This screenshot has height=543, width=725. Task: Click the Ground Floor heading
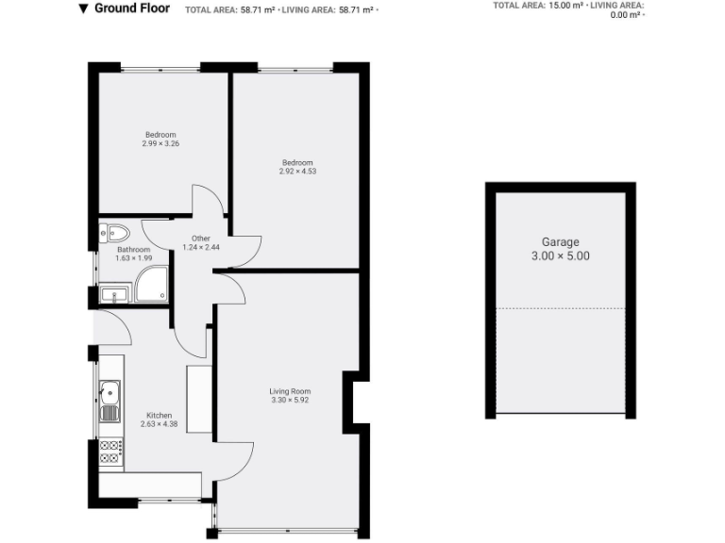click(132, 8)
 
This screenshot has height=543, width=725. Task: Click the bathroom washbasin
click(113, 295)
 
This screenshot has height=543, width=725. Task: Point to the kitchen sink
click(110, 389)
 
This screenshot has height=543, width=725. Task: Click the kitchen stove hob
click(110, 452)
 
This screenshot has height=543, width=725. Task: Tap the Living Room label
click(290, 391)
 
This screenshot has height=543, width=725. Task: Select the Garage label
click(561, 242)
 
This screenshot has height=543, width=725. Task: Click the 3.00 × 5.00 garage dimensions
click(561, 255)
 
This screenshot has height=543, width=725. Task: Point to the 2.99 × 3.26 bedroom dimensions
click(160, 144)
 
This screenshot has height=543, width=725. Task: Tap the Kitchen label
click(159, 415)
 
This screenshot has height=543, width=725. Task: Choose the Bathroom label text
click(133, 250)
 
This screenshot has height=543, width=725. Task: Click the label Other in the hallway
click(200, 239)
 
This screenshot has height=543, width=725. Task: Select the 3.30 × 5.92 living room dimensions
click(290, 401)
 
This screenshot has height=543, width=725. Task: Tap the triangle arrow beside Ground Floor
click(84, 8)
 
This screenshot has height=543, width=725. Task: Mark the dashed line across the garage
click(561, 308)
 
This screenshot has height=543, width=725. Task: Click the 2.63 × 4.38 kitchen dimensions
click(159, 424)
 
